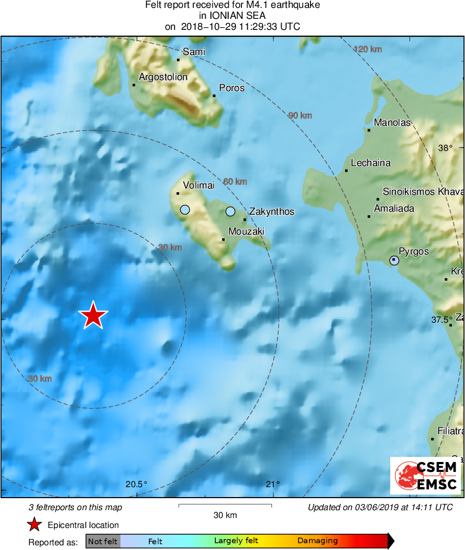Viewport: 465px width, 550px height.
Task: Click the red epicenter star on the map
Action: [93, 315]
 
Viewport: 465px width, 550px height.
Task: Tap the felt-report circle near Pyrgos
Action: [394, 260]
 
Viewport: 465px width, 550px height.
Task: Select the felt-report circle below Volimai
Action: [185, 210]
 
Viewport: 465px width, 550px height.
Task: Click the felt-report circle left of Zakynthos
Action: [230, 212]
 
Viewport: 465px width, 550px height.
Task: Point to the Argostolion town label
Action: [163, 77]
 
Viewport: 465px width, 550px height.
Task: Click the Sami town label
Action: [194, 51]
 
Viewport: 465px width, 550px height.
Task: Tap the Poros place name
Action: [231, 87]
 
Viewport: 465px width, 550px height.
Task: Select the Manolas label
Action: [392, 123]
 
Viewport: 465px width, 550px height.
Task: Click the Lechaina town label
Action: [371, 163]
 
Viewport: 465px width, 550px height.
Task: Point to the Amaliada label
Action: [394, 208]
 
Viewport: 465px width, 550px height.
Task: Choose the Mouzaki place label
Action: [246, 231]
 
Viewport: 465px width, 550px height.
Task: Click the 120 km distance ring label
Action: [368, 49]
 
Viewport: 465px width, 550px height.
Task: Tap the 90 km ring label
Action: [300, 115]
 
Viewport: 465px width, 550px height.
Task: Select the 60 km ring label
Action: [235, 182]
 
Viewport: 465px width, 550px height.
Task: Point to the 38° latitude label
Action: [445, 148]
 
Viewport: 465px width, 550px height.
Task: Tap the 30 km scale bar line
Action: [225, 505]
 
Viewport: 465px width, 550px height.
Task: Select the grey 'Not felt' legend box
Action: [103, 541]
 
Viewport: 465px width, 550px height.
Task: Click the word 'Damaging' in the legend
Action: [317, 541]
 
